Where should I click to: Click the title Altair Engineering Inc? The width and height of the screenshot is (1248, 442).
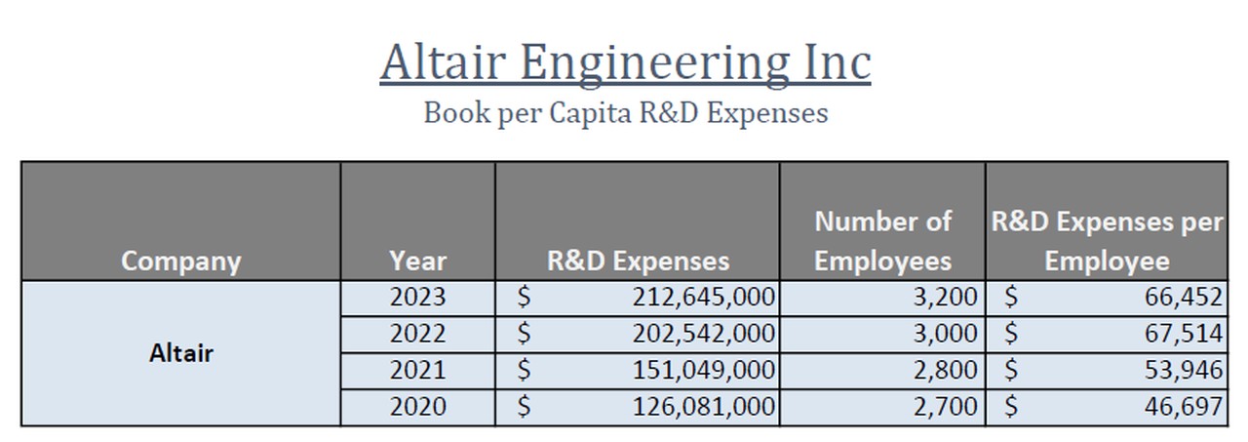click(625, 62)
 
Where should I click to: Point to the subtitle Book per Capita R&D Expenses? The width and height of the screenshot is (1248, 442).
click(625, 113)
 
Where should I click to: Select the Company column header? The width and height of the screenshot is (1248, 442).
click(180, 261)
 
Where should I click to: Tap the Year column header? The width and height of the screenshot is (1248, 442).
click(417, 261)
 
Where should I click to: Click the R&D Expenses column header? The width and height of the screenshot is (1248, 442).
click(638, 261)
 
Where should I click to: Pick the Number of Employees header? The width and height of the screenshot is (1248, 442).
click(882, 241)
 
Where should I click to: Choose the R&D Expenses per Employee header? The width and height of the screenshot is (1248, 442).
click(1107, 241)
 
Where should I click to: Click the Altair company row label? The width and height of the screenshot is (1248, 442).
click(180, 352)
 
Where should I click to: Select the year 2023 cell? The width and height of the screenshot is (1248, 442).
click(417, 297)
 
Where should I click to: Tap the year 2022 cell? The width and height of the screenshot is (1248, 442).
click(417, 334)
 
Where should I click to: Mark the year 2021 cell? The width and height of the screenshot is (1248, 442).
click(417, 371)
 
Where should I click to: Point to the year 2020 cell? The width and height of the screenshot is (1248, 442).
click(417, 407)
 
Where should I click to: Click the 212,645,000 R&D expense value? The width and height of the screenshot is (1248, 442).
click(703, 297)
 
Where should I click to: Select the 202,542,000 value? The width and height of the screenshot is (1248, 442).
click(703, 334)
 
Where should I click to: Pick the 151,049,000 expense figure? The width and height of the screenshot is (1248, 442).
click(703, 371)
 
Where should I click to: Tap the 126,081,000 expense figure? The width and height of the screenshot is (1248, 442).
click(703, 407)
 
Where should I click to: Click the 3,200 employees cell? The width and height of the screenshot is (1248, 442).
click(944, 297)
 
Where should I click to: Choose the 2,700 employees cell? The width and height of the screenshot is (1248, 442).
click(944, 407)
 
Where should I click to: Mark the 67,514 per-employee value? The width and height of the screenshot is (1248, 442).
click(1183, 334)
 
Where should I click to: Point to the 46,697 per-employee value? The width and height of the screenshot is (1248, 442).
click(1183, 407)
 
